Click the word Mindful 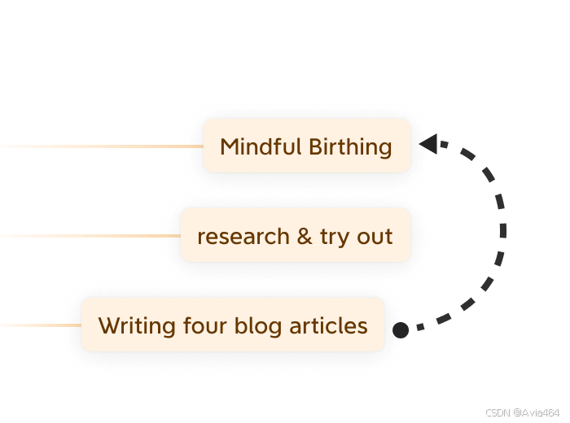click(x=261, y=147)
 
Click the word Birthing click(x=350, y=148)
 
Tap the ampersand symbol click(x=304, y=237)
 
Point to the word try click(x=334, y=238)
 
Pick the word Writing click(x=129, y=326)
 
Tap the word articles click(x=328, y=326)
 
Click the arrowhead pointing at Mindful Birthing click(x=429, y=146)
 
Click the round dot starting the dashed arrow click(x=400, y=329)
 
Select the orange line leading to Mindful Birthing click(x=98, y=146)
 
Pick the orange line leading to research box click(x=90, y=236)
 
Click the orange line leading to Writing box click(x=41, y=325)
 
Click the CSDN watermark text click(x=497, y=412)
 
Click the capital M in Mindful click(x=230, y=147)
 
